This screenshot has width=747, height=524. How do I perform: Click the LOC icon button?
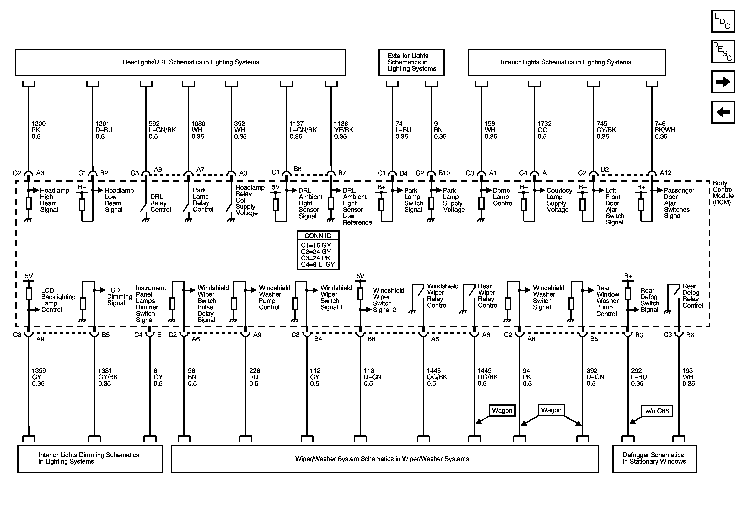click(723, 21)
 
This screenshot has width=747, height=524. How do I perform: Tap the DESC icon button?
click(723, 51)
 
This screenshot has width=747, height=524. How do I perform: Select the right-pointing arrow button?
click(723, 82)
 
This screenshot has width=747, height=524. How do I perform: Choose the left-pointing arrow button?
click(723, 112)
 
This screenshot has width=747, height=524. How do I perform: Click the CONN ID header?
click(318, 236)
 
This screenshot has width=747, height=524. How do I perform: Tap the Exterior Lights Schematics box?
click(411, 62)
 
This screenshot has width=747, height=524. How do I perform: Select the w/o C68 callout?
click(657, 411)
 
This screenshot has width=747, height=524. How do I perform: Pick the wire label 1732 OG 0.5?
click(544, 130)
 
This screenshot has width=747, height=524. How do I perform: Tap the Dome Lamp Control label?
click(503, 197)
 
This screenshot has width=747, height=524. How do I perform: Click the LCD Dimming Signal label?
click(119, 296)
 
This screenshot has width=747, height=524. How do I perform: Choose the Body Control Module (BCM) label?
click(723, 193)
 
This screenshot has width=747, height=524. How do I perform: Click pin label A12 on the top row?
click(665, 173)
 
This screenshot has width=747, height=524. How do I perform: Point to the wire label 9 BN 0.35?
click(440, 130)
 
